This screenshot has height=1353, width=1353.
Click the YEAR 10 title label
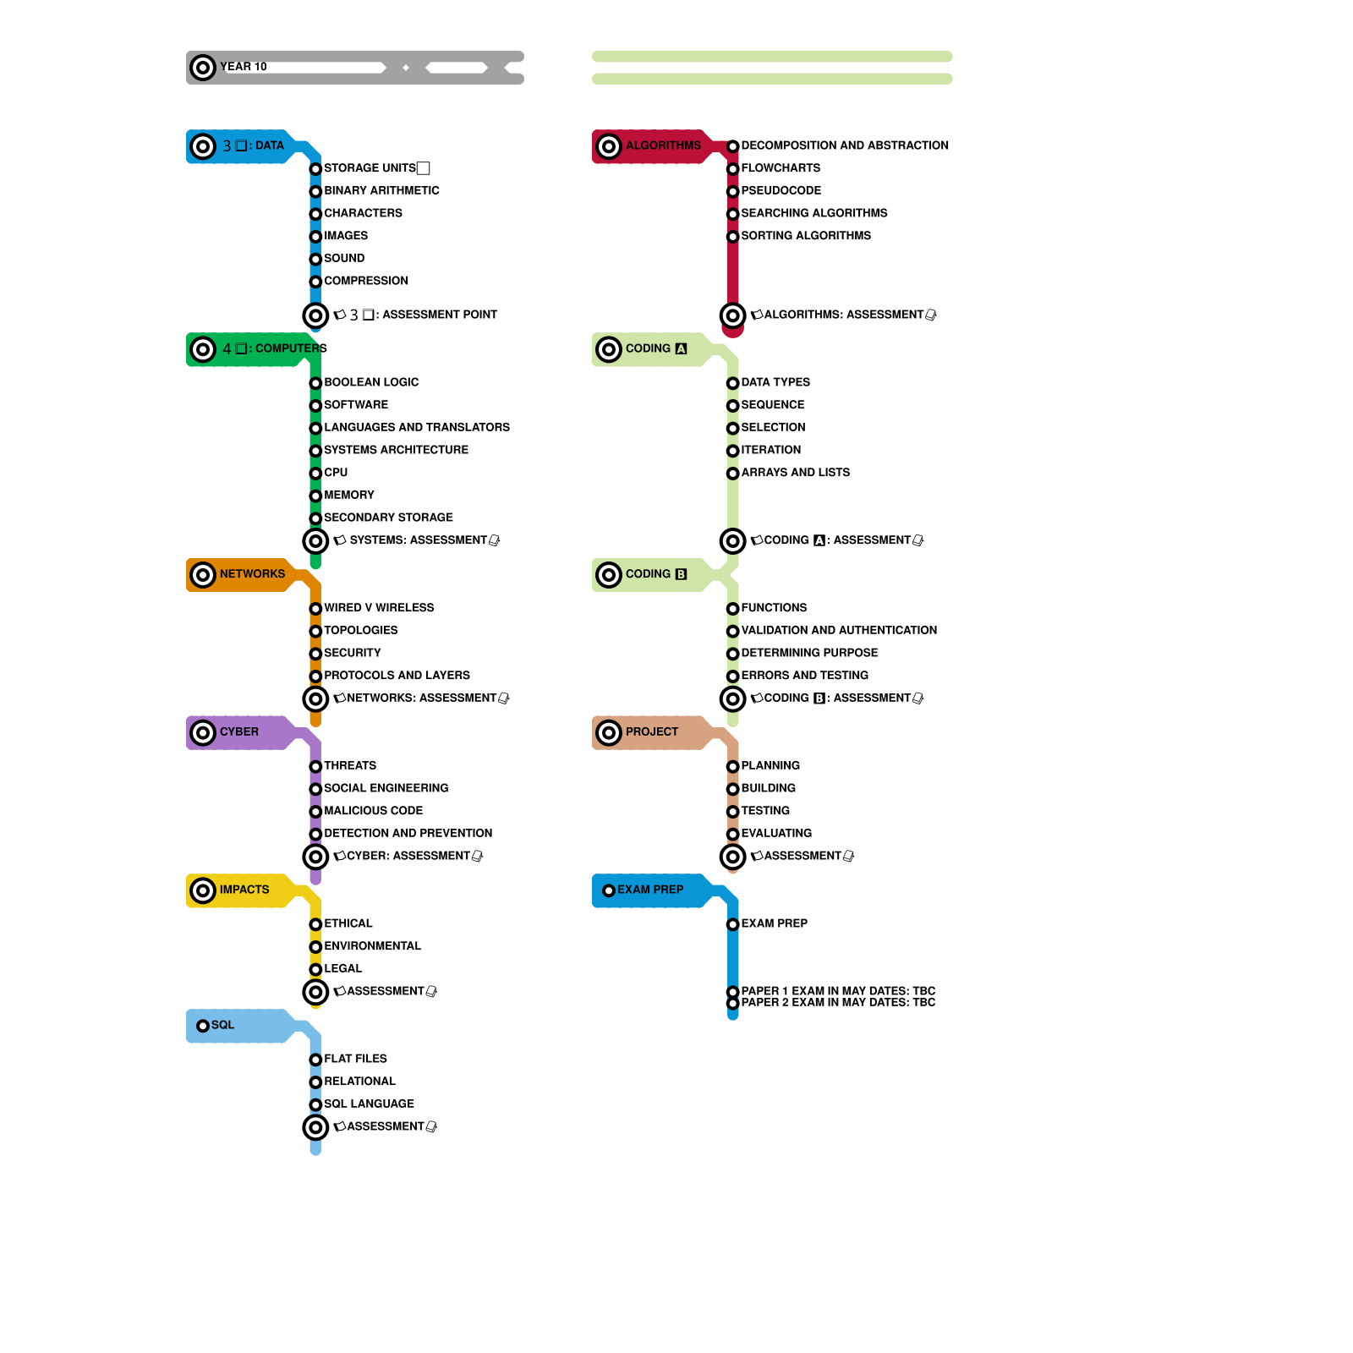pos(244,67)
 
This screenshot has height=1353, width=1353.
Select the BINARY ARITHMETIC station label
pos(381,191)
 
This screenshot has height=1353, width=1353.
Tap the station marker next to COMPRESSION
pos(315,282)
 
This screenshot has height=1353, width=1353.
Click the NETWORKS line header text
pos(252,574)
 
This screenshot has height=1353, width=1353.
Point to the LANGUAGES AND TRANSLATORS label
pos(417,428)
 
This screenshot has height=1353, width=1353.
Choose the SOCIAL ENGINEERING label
pos(386,788)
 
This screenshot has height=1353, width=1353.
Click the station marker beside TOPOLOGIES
pos(315,631)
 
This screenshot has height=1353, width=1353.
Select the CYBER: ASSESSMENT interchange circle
pos(315,857)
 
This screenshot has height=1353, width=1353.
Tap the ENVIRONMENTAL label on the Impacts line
pos(372,946)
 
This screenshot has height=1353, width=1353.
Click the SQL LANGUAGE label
pos(369,1104)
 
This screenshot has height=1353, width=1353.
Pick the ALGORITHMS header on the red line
pos(663,145)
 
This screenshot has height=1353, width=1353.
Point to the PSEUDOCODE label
pos(781,191)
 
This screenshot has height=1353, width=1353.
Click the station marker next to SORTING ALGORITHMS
pos(733,237)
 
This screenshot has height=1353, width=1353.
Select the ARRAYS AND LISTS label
pos(795,473)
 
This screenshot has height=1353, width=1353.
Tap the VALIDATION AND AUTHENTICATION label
pos(839,631)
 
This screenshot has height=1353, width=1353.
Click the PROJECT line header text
pos(651,732)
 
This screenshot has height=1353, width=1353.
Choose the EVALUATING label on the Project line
pos(776,834)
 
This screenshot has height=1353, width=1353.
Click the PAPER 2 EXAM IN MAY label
pos(838,1003)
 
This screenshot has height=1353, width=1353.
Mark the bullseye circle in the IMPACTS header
pos(203,890)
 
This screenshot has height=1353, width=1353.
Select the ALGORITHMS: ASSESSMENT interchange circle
pos(733,315)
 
